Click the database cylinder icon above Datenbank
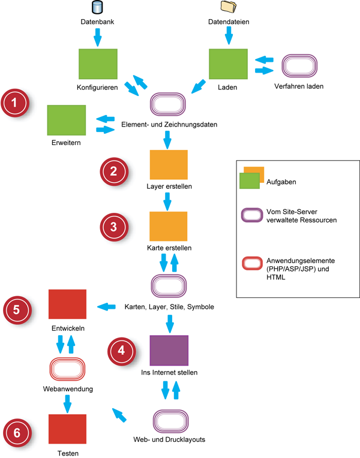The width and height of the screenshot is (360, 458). [x=97, y=8]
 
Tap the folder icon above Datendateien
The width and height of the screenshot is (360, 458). [x=229, y=7]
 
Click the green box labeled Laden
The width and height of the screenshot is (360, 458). [x=228, y=63]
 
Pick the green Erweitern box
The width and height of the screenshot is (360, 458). [x=67, y=120]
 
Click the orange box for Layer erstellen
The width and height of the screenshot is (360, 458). [x=169, y=165]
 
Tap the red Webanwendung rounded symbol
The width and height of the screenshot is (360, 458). [x=67, y=368]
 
